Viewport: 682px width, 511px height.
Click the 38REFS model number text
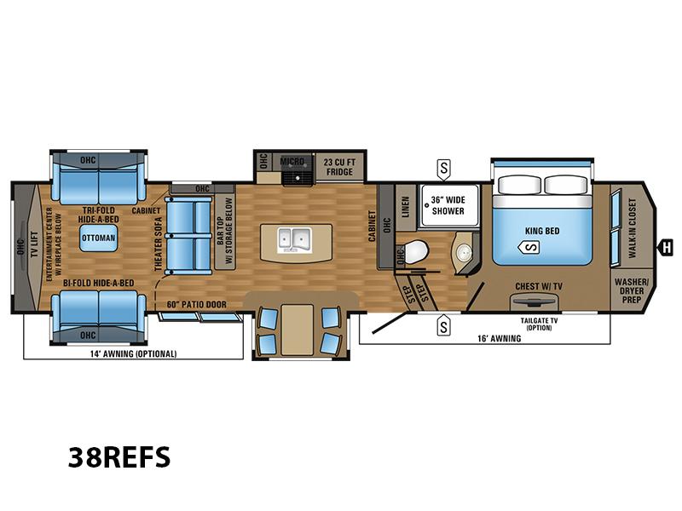click(119, 457)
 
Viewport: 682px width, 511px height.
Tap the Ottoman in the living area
click(98, 238)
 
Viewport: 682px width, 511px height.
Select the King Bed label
click(542, 231)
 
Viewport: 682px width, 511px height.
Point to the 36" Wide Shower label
click(448, 205)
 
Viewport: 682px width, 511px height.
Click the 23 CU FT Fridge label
click(339, 167)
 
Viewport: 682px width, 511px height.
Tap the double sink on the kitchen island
click(294, 240)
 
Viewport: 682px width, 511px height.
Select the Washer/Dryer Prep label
click(632, 290)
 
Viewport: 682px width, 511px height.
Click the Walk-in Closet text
click(632, 227)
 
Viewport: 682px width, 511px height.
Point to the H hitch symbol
click(667, 248)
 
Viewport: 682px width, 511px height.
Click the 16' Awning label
click(500, 338)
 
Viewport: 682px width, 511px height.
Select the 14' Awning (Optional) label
click(134, 353)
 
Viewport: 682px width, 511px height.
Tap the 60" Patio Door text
click(197, 305)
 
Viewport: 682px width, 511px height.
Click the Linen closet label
click(406, 207)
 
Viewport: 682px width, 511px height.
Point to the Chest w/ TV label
click(539, 286)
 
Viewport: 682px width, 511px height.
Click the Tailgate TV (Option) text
click(540, 324)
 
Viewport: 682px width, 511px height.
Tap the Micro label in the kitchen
click(292, 162)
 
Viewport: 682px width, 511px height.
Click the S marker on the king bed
click(529, 248)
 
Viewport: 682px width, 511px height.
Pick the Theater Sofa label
click(159, 244)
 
